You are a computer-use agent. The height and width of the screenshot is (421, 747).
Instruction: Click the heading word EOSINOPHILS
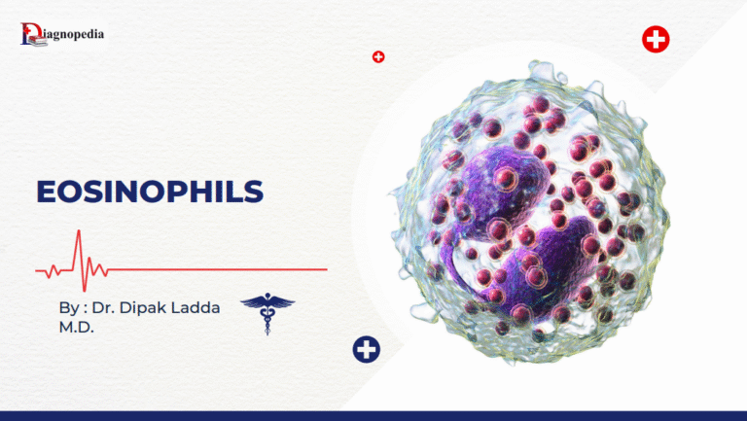pyautogui.click(x=149, y=192)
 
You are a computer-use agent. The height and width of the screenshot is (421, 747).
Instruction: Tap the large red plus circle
pyautogui.click(x=656, y=40)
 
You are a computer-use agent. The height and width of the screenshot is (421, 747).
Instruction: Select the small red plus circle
pyautogui.click(x=378, y=57)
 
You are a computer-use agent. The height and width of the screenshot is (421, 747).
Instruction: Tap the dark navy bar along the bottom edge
pyautogui.click(x=373, y=415)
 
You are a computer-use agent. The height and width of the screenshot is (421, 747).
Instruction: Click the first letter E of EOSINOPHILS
pyautogui.click(x=46, y=192)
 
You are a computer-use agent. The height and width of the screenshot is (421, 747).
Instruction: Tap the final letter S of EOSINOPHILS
pyautogui.click(x=254, y=192)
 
